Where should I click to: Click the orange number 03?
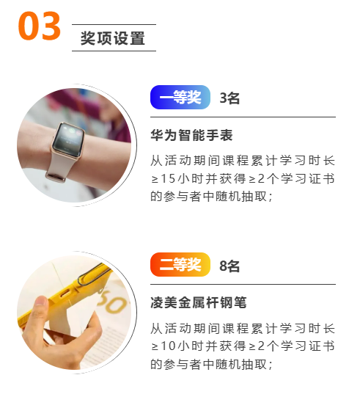point(39,26)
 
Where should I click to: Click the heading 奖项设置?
point(113,38)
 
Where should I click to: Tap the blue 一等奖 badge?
point(180,97)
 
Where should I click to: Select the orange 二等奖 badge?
point(180,265)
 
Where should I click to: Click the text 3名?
point(229,98)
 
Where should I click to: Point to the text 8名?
point(229,266)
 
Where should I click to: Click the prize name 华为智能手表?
point(191,135)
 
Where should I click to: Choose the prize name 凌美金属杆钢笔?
point(199,302)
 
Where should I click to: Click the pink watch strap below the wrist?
point(59,165)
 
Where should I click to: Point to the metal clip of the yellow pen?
point(94,274)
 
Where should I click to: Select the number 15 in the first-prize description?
point(168,178)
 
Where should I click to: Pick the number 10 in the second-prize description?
point(168,346)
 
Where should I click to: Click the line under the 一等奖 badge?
point(243,117)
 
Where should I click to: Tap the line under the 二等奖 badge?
point(243,284)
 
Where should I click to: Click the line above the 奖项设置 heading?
point(114,24)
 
